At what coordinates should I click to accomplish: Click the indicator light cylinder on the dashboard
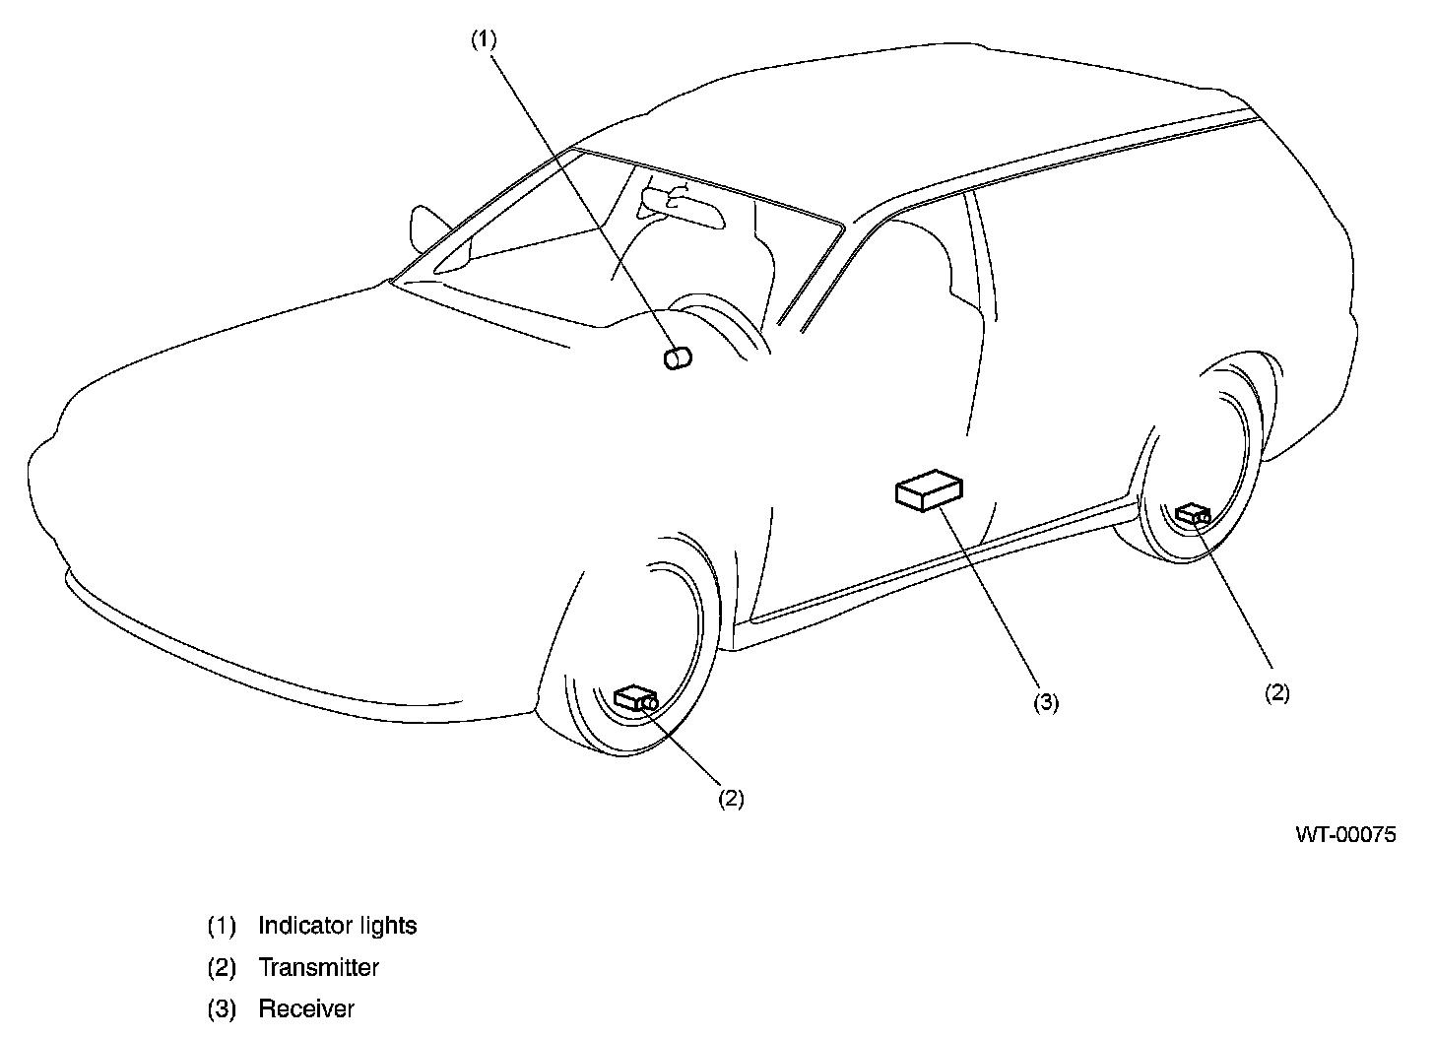(x=678, y=357)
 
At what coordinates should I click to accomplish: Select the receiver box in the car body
(x=928, y=489)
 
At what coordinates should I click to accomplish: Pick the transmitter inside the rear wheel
(x=1193, y=513)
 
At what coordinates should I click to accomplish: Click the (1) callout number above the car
(x=483, y=38)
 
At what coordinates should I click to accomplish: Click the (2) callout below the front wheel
(x=730, y=798)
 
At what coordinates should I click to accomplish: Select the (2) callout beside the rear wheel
(x=1276, y=692)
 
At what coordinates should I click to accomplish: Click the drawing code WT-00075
(x=1345, y=835)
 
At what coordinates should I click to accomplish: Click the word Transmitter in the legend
(x=318, y=967)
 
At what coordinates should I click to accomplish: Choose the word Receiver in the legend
(x=305, y=1008)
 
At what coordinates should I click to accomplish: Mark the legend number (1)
(x=222, y=926)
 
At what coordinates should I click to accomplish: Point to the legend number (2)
(x=222, y=967)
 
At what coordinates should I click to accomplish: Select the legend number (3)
(x=222, y=1008)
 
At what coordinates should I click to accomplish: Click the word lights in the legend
(x=391, y=926)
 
